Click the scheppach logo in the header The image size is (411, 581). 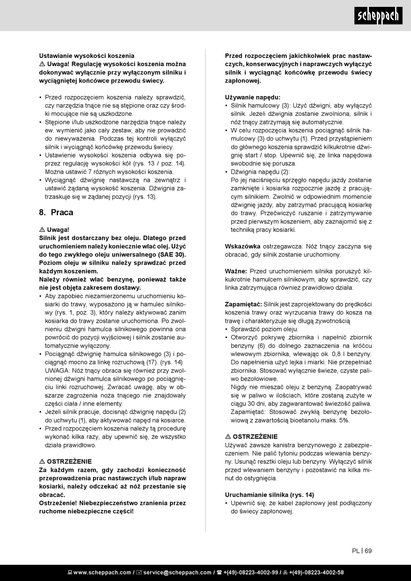coord(378,16)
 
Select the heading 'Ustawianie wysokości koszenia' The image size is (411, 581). coord(87,56)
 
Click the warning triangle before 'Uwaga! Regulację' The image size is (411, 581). coord(42,64)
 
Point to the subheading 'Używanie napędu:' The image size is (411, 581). coord(253,97)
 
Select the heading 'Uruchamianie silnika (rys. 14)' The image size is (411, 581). coord(269,495)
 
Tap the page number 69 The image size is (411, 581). coord(368,551)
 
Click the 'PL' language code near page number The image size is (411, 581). coord(356,551)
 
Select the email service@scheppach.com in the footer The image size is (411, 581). coord(177,572)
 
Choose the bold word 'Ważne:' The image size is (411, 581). coord(236,271)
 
